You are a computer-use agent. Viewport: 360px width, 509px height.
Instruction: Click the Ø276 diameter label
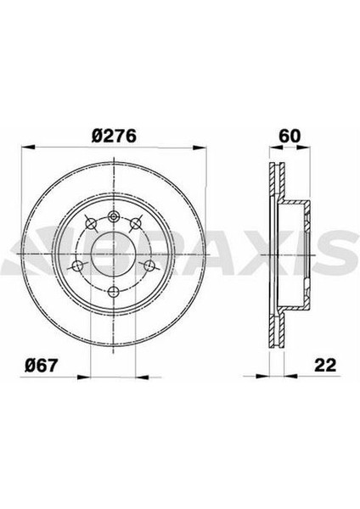click(114, 135)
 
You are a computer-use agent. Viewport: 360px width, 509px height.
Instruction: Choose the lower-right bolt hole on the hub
click(149, 273)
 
